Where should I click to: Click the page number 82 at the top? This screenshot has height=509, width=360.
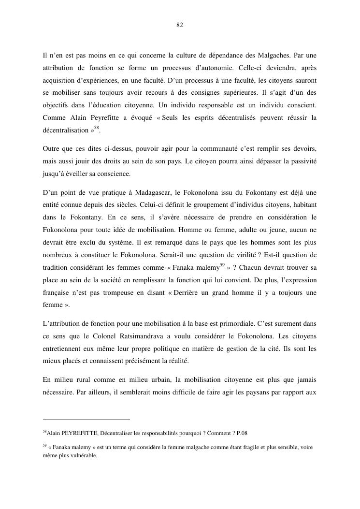coord(179,25)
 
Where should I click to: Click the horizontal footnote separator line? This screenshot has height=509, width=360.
coord(86,420)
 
